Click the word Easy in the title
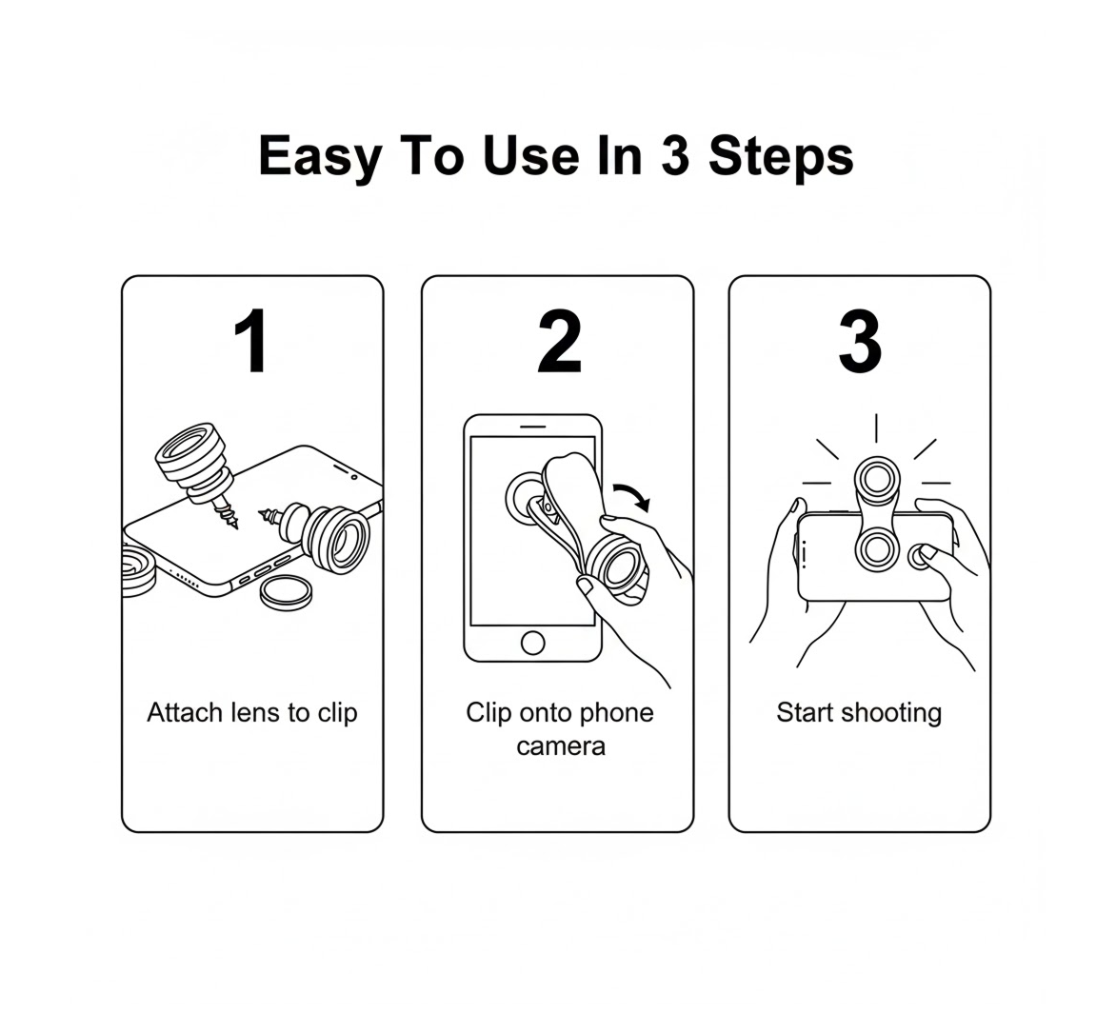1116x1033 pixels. (x=318, y=157)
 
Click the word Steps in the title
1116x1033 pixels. (x=781, y=157)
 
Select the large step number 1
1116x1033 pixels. (x=252, y=343)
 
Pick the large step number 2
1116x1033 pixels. (x=559, y=343)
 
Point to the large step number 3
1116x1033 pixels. (x=859, y=343)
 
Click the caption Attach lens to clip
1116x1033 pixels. (x=252, y=712)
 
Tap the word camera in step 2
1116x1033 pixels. (x=560, y=745)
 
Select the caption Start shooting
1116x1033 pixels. (x=859, y=712)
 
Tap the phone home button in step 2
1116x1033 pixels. (x=533, y=643)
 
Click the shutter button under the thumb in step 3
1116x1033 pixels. (x=921, y=555)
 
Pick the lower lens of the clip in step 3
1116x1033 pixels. (x=874, y=548)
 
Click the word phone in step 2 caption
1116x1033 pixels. (x=616, y=712)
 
